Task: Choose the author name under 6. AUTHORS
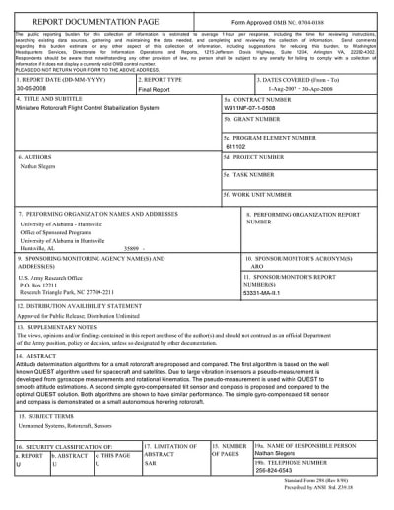point(40,170)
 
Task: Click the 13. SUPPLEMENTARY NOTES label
point(58,324)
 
